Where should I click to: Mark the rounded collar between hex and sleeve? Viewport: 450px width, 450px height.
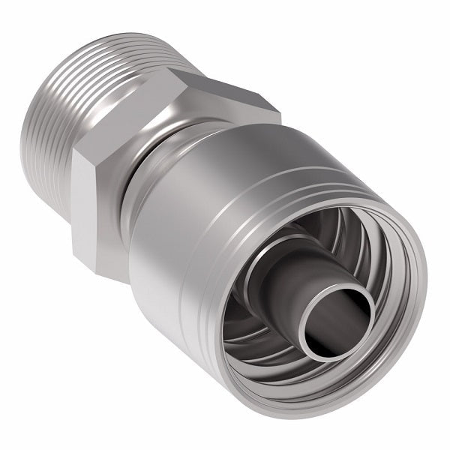pyautogui.click(x=161, y=161)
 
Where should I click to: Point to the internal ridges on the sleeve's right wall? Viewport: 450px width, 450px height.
pyautogui.click(x=382, y=255)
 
